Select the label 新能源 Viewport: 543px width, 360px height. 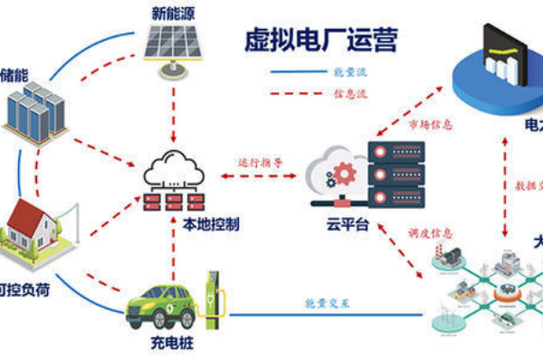(x=172, y=13)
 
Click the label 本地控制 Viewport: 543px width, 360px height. (x=210, y=222)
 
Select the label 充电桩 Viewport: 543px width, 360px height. (x=171, y=346)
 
